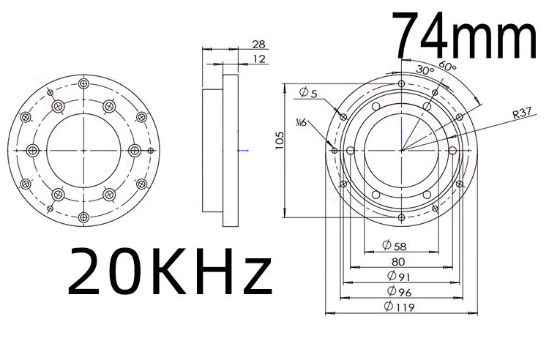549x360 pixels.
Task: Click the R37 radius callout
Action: click(x=522, y=113)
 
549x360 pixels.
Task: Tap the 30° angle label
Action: click(x=425, y=70)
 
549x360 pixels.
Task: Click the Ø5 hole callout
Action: click(x=308, y=92)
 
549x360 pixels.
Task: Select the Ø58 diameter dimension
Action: click(x=395, y=244)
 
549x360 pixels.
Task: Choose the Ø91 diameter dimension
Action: click(x=396, y=276)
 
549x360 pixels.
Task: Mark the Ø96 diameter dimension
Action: click(x=396, y=291)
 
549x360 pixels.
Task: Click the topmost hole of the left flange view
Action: click(x=83, y=84)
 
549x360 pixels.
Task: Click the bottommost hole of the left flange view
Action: click(x=83, y=216)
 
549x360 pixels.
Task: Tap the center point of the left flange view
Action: click(x=83, y=150)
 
